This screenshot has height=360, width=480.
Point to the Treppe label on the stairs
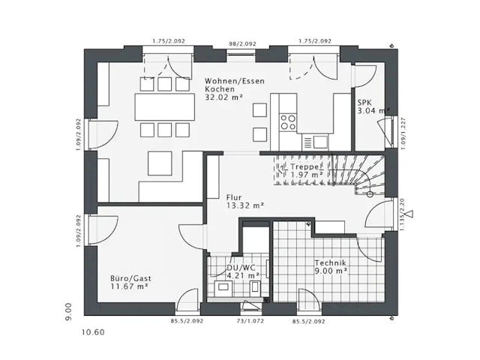point(306,166)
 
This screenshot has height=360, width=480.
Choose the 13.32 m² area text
point(244,204)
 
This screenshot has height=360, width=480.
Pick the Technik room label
point(331,262)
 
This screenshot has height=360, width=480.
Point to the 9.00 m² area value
point(331,271)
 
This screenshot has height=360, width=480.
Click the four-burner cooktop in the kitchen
point(289,121)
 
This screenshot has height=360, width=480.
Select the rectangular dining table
point(162,106)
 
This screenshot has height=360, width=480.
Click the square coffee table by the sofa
point(160,163)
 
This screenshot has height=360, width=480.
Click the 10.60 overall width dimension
point(94,331)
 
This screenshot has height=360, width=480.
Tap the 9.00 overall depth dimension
point(68,309)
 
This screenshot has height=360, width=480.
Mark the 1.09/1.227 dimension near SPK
point(401,132)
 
